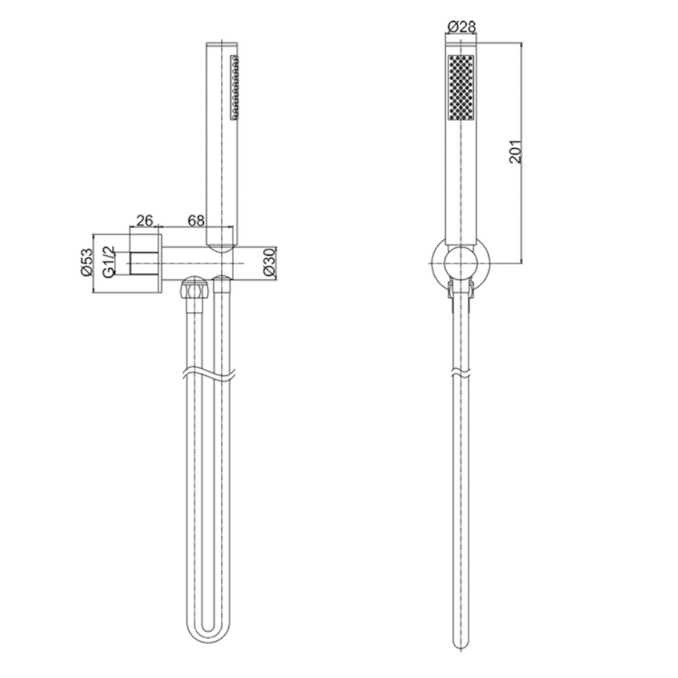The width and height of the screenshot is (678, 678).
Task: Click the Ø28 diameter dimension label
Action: [x=462, y=27]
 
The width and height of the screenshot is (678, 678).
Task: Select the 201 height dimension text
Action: [x=515, y=151]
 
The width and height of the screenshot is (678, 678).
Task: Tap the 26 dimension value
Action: [x=145, y=221]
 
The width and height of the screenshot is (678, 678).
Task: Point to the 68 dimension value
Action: [x=196, y=221]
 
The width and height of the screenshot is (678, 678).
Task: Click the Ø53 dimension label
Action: [x=86, y=262]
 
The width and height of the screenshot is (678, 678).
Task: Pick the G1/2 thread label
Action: [x=109, y=262]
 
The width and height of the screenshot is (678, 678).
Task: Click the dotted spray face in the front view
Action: [x=461, y=87]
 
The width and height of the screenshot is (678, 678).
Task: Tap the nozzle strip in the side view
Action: [x=235, y=87]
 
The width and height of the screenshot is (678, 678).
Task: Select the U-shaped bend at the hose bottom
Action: [x=207, y=630]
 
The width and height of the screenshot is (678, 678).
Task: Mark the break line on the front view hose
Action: [x=460, y=373]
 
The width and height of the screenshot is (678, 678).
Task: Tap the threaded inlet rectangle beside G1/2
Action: [x=142, y=263]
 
